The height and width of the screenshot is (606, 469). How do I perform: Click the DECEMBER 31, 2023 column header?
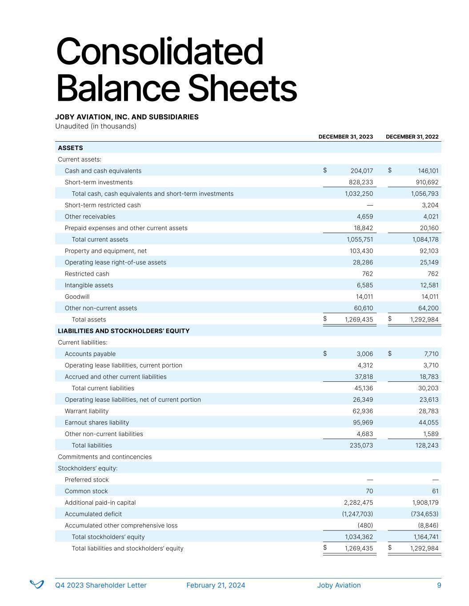pyautogui.click(x=345, y=137)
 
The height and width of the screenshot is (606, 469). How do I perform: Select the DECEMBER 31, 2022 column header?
pyautogui.click(x=412, y=137)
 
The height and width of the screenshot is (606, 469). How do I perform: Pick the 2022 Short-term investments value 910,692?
pyautogui.click(x=425, y=182)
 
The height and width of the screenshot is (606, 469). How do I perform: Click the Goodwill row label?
pyautogui.click(x=77, y=297)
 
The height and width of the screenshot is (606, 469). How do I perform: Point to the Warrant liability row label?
pyautogui.click(x=86, y=411)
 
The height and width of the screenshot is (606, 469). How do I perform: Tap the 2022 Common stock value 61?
pyautogui.click(x=435, y=491)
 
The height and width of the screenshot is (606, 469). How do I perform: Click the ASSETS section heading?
pyautogui.click(x=70, y=148)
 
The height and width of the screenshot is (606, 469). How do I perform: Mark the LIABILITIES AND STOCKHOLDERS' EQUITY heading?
pyautogui.click(x=124, y=331)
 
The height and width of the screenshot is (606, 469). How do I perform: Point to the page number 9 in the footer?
pyautogui.click(x=439, y=585)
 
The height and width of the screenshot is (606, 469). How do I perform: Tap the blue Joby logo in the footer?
pyautogui.click(x=36, y=584)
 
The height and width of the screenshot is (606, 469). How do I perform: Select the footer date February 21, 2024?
pyautogui.click(x=216, y=585)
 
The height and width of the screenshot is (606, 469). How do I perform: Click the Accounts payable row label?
pyautogui.click(x=90, y=354)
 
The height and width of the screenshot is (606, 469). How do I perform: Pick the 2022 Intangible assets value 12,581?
pyautogui.click(x=428, y=285)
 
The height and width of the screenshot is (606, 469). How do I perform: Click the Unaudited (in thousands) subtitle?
pyautogui.click(x=96, y=126)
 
